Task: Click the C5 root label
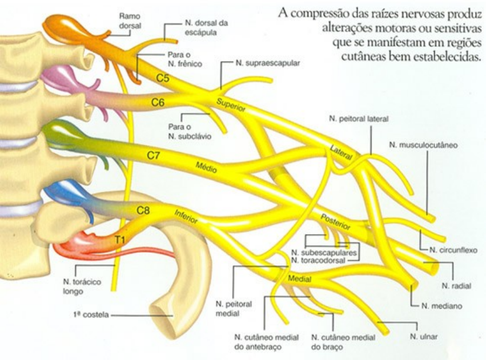162,79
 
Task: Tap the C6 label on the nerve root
158,103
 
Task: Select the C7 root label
153,155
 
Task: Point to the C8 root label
143,211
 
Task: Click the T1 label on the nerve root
120,240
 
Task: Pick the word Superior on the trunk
231,104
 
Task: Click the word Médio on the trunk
206,167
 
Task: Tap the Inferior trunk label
186,217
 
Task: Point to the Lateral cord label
342,152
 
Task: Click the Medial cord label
299,278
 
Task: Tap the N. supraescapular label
268,63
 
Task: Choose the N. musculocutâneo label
423,145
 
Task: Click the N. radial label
456,286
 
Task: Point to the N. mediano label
441,306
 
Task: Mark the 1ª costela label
91,315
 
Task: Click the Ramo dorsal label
130,21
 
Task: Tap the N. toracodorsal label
318,261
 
